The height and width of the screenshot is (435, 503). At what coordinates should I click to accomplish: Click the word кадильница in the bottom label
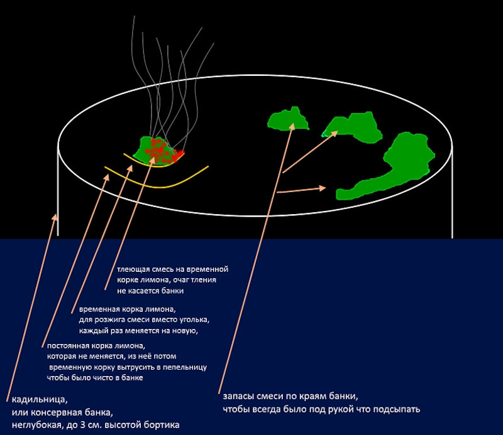point(39,399)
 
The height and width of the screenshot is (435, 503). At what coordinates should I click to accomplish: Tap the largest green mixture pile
point(402,163)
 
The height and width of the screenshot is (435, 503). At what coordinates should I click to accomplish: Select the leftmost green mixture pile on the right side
point(287,119)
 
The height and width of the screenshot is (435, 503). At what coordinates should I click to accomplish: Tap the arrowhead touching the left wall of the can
point(55,217)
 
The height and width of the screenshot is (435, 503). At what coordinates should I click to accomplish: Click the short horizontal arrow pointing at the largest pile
point(302,190)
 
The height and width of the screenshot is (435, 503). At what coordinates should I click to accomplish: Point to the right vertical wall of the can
point(451,188)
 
